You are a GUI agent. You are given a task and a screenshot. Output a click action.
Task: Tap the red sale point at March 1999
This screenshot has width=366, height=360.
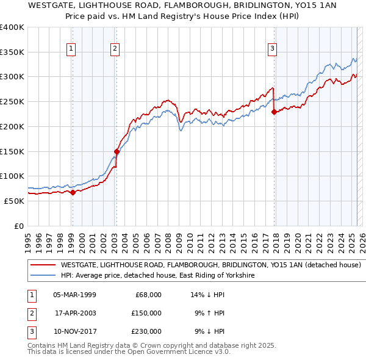tap(73, 192)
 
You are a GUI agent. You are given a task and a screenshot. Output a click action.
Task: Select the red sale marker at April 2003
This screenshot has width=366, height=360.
tap(117, 151)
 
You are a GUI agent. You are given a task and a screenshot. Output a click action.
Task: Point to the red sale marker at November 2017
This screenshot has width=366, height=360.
tap(274, 112)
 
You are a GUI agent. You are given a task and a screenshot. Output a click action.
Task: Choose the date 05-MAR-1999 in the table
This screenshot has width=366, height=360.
tap(74, 295)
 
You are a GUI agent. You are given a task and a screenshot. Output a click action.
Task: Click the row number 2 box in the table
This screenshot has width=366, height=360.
tap(30, 313)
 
